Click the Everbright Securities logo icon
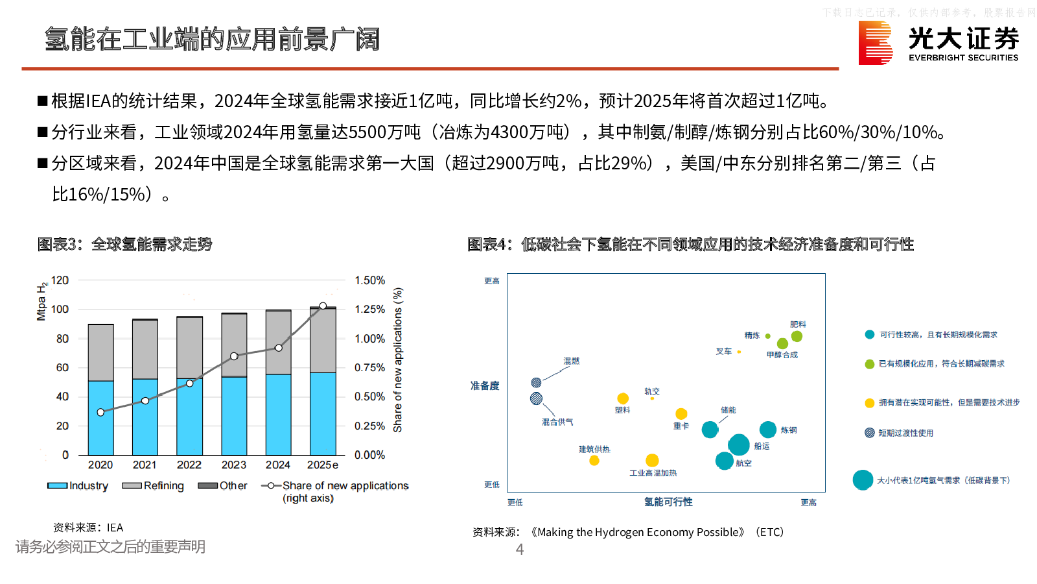(875, 43)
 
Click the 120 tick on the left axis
(60, 280)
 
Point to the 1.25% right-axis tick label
(369, 310)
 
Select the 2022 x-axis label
(189, 465)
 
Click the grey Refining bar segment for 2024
(278, 343)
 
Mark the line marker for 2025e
(323, 306)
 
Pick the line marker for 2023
(234, 356)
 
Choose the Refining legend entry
(153, 486)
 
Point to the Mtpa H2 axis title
(41, 302)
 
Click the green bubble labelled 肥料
(797, 336)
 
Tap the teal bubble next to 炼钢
(768, 430)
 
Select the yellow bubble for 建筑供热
(594, 461)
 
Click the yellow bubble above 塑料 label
(623, 398)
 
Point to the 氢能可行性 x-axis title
(668, 502)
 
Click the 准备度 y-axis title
(485, 385)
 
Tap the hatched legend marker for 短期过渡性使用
(870, 433)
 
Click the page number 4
(519, 550)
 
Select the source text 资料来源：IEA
(88, 528)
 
